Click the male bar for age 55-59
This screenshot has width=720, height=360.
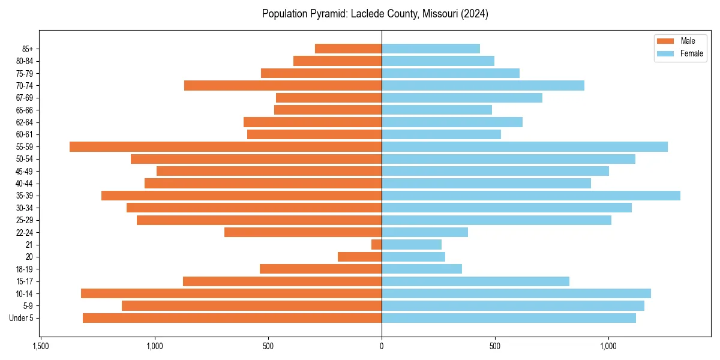click(x=226, y=146)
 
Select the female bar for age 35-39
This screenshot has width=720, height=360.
click(x=531, y=196)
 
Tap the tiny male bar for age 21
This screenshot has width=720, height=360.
click(x=377, y=245)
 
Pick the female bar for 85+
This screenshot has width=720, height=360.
click(x=431, y=49)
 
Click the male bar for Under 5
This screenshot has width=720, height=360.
click(x=232, y=318)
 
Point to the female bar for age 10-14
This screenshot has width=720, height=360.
click(x=516, y=293)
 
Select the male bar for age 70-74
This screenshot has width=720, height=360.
click(x=283, y=85)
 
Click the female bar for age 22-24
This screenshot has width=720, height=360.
click(x=425, y=232)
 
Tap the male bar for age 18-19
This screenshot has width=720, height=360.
click(x=320, y=269)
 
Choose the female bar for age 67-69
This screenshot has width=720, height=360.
click(x=462, y=98)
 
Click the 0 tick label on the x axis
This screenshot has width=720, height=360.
click(x=382, y=346)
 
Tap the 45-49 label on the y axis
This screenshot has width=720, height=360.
click(x=25, y=171)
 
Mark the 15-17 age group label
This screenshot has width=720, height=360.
click(x=25, y=281)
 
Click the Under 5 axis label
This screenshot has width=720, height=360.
click(x=22, y=318)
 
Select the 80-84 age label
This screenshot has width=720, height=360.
click(x=25, y=61)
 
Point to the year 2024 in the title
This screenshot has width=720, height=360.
click(x=475, y=14)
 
